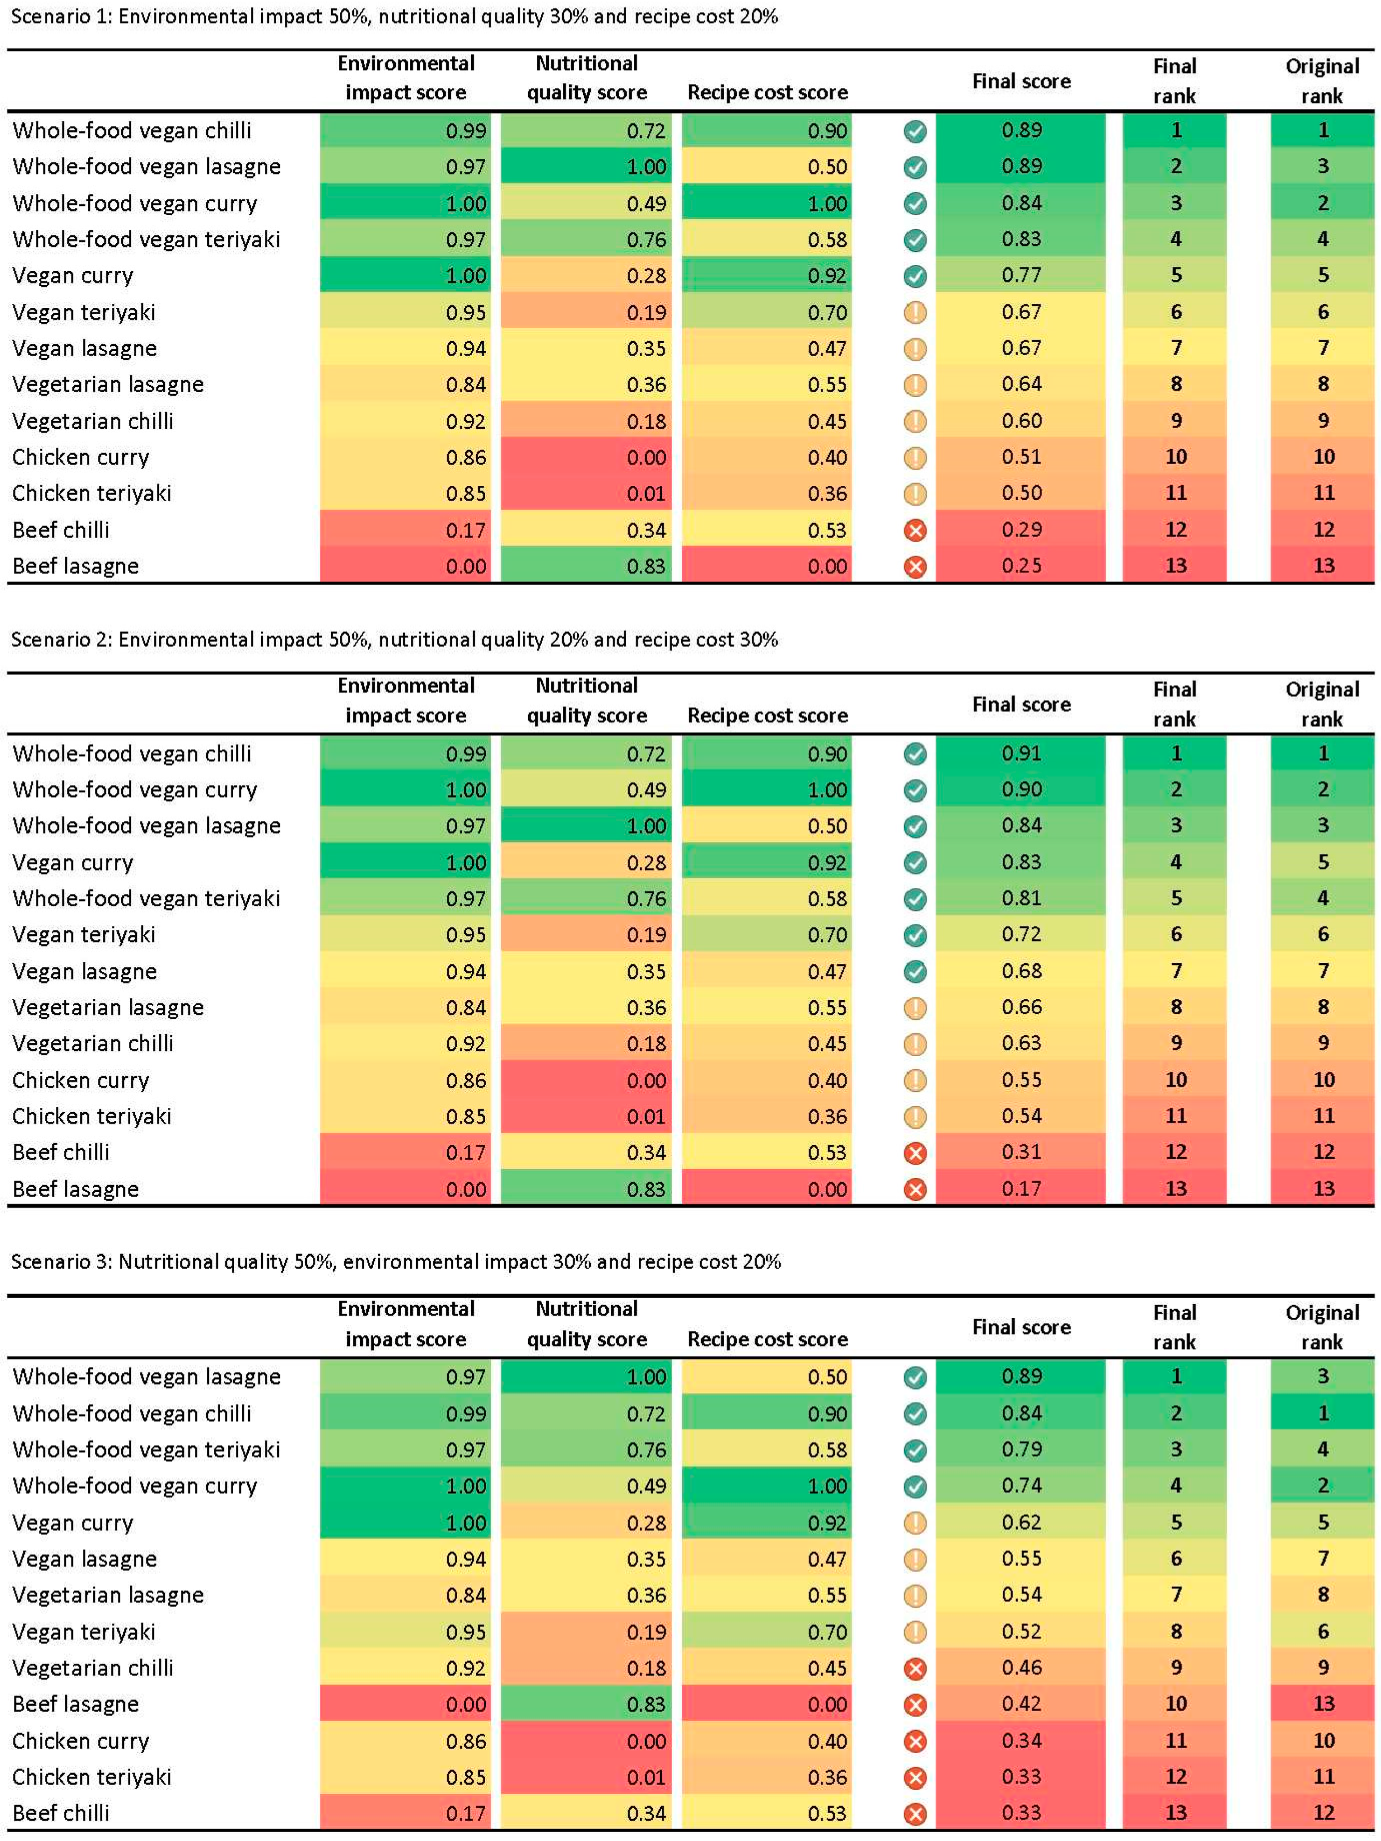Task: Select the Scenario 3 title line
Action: tap(395, 1262)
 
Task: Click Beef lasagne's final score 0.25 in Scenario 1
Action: tap(1021, 566)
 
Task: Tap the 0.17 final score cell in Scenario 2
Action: tap(1021, 1188)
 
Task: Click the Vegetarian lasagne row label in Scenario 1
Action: tap(108, 385)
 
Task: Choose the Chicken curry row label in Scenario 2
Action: tap(81, 1080)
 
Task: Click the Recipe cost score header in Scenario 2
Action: tap(767, 716)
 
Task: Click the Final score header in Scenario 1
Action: tap(1021, 81)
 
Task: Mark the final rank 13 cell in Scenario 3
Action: tap(1175, 1812)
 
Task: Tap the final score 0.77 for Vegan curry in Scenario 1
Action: tap(1021, 275)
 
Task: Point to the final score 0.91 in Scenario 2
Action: tap(1021, 753)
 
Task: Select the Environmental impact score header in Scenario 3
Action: tap(405, 1324)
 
